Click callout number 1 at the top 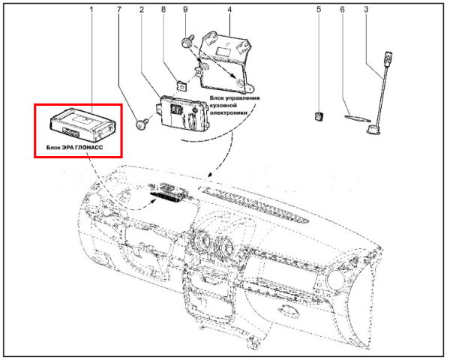click(91, 10)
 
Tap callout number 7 click(119, 10)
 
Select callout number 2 click(142, 10)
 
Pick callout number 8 click(163, 10)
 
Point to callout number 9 click(185, 10)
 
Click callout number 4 click(229, 10)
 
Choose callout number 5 click(319, 10)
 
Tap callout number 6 click(342, 10)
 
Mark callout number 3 click(366, 10)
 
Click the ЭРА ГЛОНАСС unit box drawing click(83, 125)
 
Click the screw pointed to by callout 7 click(142, 124)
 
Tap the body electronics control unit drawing click(182, 112)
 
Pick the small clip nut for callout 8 click(181, 85)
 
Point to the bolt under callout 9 click(187, 41)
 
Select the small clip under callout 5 click(319, 117)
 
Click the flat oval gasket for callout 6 click(356, 118)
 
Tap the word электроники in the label click(229, 112)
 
